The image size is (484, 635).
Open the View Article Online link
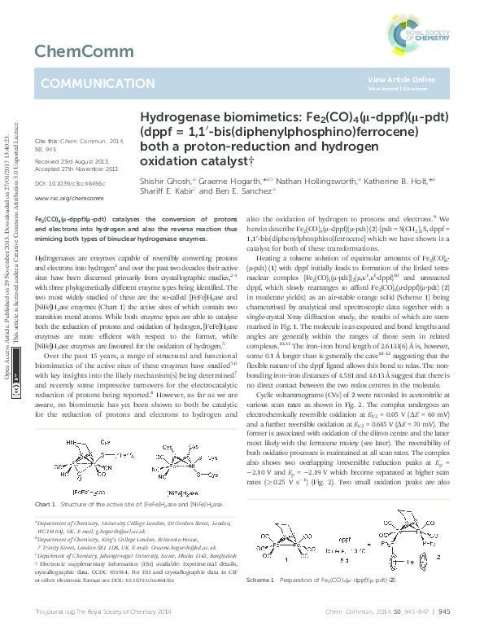(401, 79)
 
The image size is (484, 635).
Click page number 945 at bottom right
(445, 610)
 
